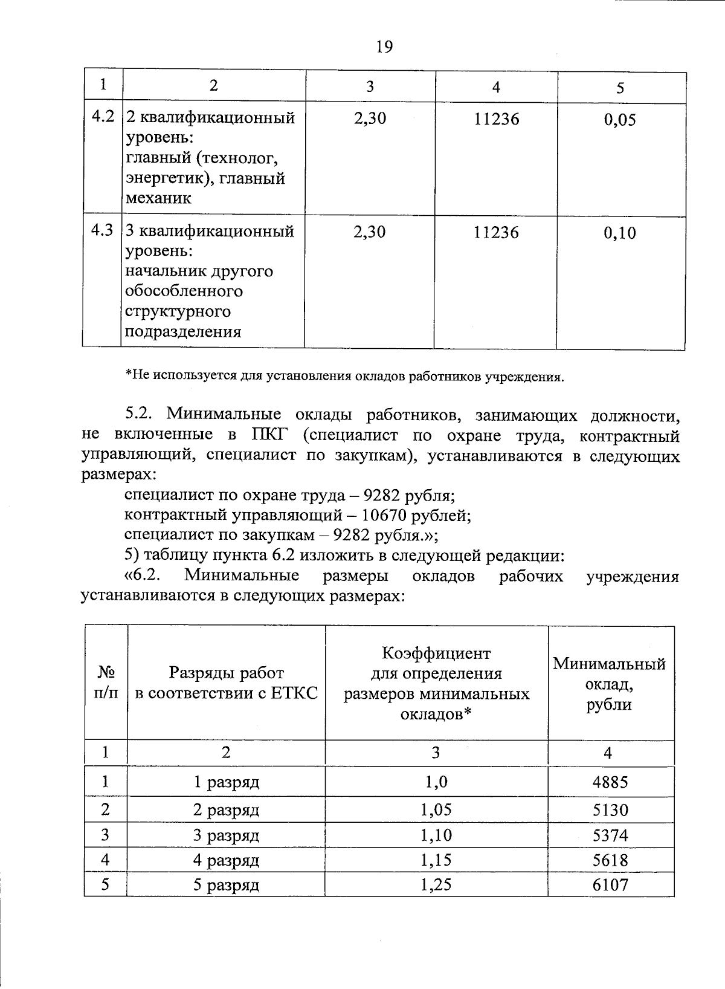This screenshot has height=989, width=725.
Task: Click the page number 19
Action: pos(384,47)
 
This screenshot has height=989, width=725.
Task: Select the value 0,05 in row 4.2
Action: pos(620,120)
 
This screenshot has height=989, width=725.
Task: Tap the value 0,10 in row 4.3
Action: pos(620,233)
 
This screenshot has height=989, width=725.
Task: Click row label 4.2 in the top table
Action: pos(102,117)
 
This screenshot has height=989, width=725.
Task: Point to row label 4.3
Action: pos(102,230)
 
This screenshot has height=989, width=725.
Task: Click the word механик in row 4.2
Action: pos(158,198)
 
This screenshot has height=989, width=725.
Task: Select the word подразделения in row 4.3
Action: pos(183,332)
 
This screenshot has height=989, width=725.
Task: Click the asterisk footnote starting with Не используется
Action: pos(344,377)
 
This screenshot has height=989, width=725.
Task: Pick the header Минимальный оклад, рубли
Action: pos(609,684)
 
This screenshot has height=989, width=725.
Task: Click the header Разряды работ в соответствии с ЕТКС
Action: pos(226,683)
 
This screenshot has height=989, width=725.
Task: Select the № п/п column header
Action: pos(106,683)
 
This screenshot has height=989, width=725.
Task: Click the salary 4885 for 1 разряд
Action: pos(610,782)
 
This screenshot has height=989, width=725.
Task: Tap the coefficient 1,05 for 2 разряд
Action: pos(436,809)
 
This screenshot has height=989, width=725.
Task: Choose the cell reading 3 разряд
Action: pos(226,835)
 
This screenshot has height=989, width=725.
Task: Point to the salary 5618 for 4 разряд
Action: pos(610,860)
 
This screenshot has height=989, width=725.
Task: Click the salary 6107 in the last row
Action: pos(610,886)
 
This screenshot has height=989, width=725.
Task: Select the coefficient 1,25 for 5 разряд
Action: pos(436,885)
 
